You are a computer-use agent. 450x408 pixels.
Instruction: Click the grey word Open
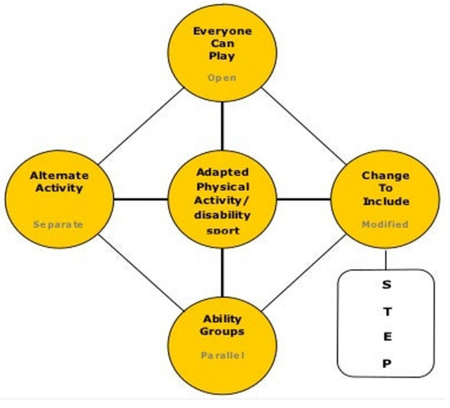pyautogui.click(x=222, y=78)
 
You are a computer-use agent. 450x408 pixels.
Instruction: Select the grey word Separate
pyautogui.click(x=58, y=224)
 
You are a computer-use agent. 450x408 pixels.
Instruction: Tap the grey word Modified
pyautogui.click(x=385, y=223)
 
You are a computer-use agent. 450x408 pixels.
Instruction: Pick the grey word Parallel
pyautogui.click(x=222, y=356)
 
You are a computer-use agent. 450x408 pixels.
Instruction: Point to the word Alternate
pyautogui.click(x=59, y=175)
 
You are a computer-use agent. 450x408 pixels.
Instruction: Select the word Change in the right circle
pyautogui.click(x=385, y=175)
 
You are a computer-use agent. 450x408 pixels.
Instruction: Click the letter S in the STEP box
pyautogui.click(x=387, y=285)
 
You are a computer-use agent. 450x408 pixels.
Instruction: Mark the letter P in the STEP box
pyautogui.click(x=387, y=363)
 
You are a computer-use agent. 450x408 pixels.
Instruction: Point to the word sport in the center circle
pyautogui.click(x=223, y=231)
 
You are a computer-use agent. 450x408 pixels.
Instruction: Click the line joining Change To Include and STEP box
pyautogui.click(x=385, y=259)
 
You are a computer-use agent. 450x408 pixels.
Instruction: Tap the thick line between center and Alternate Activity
pyautogui.click(x=140, y=199)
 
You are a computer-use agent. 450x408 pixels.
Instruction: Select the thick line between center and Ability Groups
pyautogui.click(x=223, y=271)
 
